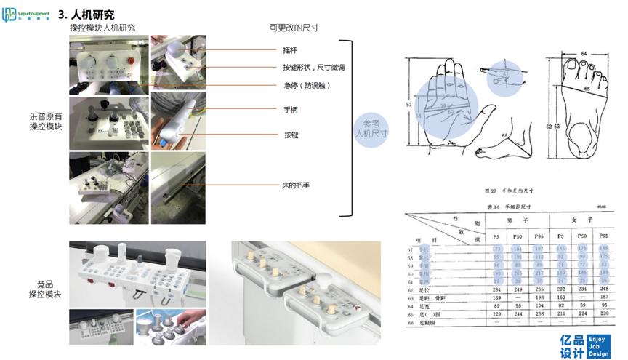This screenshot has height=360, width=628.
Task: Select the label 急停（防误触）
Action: point(307,85)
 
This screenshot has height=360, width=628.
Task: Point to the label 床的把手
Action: point(296,185)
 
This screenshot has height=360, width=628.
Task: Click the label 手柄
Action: point(290,110)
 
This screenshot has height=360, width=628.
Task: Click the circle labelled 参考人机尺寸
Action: point(371,129)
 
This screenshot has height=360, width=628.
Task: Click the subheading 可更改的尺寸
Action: point(294,28)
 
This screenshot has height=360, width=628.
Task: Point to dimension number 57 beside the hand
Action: point(410,105)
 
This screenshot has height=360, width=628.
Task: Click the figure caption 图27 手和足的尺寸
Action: point(508,191)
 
